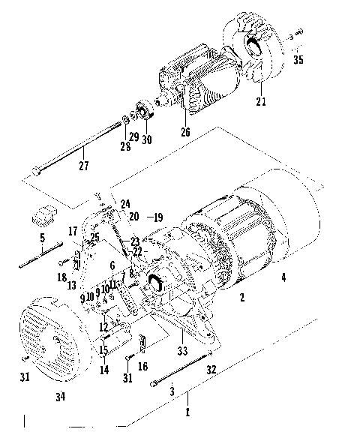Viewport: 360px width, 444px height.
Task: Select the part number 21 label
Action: coord(262,101)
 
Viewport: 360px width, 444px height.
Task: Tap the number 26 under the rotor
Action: coord(185,133)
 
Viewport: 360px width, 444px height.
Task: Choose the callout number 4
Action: coord(283,277)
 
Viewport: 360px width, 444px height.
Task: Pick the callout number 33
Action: coord(181,351)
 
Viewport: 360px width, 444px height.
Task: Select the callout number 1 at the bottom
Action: coord(188,412)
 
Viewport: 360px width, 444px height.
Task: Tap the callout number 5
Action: coord(42,238)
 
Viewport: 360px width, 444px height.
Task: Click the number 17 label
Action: coord(74,230)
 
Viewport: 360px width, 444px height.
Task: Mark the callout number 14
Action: coord(103,369)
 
